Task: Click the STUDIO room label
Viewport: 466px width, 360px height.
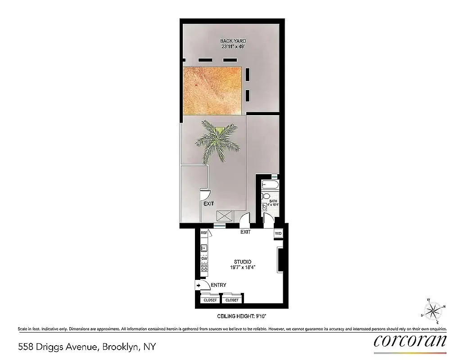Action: [x=242, y=262]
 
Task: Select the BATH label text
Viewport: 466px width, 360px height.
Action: [x=273, y=202]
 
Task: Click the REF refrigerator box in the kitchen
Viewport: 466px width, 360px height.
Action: [x=204, y=233]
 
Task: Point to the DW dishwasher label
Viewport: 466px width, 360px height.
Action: [x=204, y=258]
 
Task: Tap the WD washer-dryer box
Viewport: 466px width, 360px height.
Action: [x=278, y=233]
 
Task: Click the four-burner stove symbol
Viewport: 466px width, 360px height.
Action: [x=204, y=270]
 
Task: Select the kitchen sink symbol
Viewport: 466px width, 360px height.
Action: [x=204, y=247]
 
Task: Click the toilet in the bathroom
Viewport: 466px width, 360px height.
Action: [x=266, y=196]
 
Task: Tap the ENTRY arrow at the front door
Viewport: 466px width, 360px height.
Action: [x=198, y=285]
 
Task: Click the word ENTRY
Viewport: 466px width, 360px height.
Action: [x=218, y=285]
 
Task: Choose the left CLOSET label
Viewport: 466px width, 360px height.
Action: [x=210, y=300]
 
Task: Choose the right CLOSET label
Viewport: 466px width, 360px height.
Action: [x=232, y=300]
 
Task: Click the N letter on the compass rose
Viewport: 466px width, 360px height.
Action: [x=444, y=306]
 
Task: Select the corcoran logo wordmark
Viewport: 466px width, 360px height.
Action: [x=410, y=341]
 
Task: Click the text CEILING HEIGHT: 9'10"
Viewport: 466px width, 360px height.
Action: [x=242, y=317]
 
